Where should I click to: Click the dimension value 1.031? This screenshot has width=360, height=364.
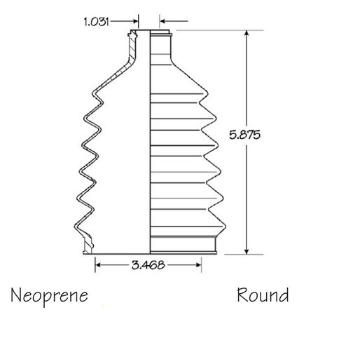[x=96, y=21]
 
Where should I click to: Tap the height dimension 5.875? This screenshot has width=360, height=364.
[x=244, y=136]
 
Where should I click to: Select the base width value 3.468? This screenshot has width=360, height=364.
[x=148, y=264]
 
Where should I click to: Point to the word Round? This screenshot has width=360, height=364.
[x=262, y=295]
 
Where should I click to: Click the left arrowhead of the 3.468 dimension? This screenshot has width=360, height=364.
[x=99, y=264]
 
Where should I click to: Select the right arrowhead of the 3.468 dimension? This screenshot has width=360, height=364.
[x=199, y=264]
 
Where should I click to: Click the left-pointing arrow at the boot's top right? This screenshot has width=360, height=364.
[x=164, y=21]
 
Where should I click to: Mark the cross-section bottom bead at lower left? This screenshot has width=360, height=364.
[x=88, y=245]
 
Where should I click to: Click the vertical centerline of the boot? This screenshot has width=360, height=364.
[x=151, y=140]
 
